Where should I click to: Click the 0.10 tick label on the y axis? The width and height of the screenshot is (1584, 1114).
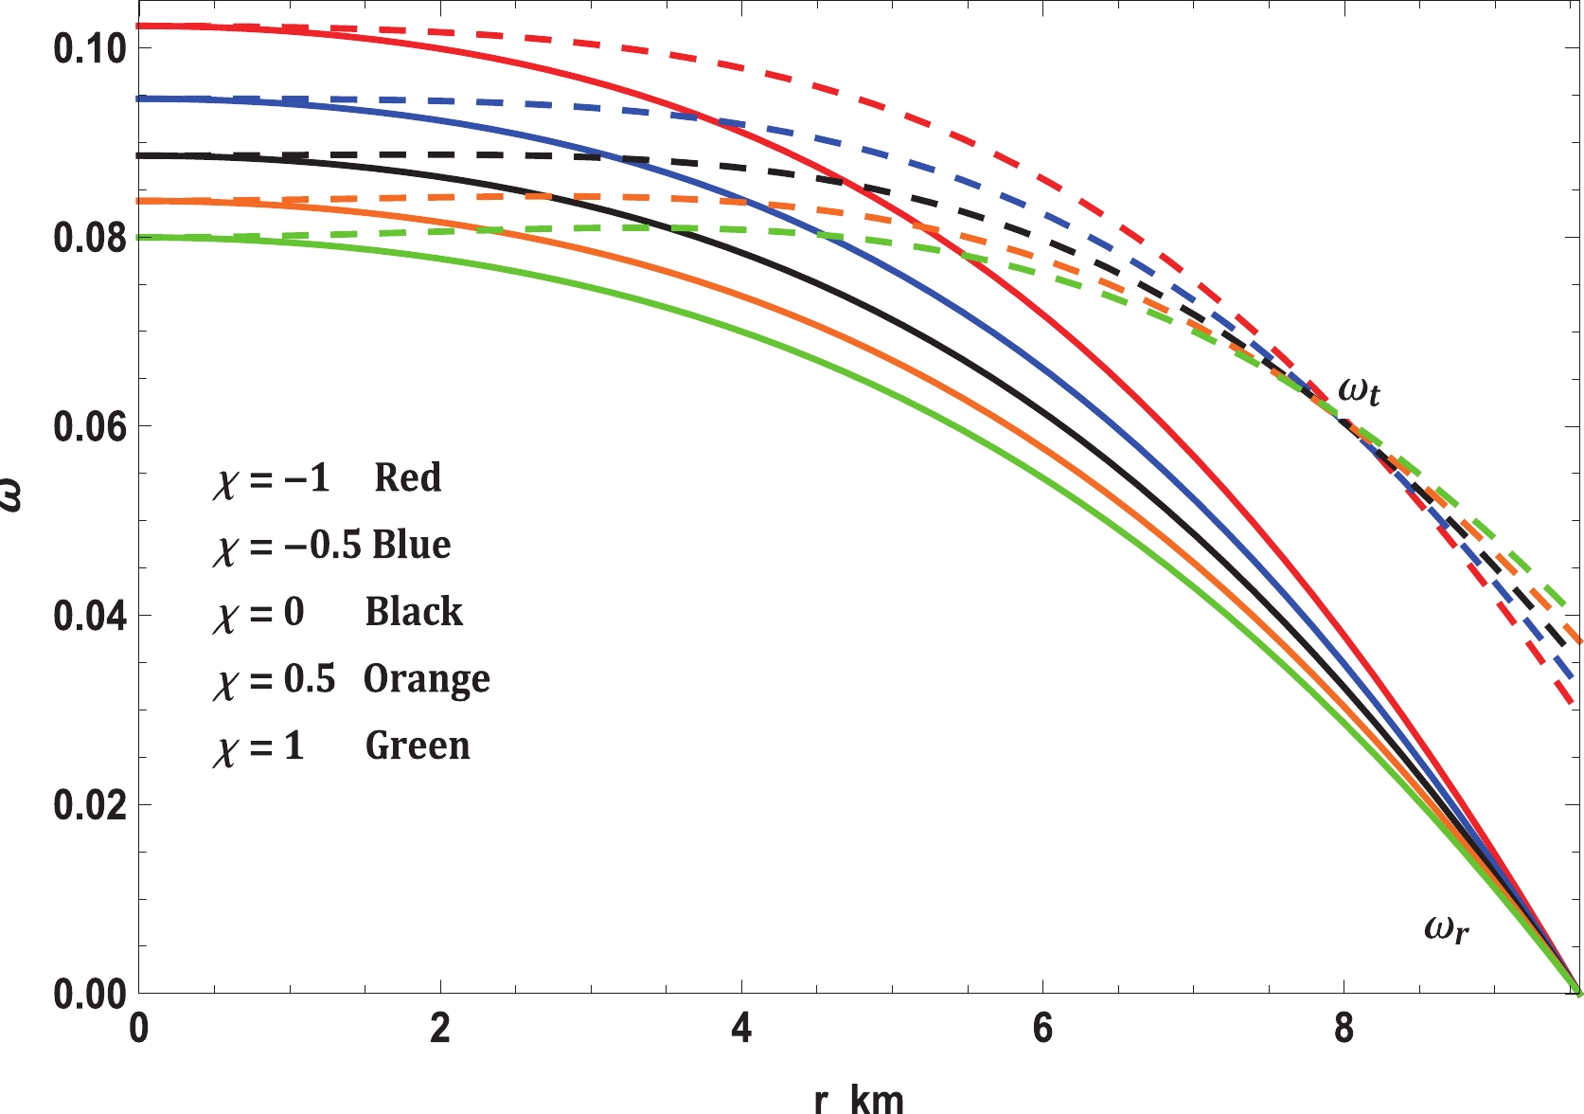point(90,48)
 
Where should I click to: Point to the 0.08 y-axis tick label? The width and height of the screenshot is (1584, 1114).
point(90,238)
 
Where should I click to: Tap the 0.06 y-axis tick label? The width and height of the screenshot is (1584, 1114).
point(90,427)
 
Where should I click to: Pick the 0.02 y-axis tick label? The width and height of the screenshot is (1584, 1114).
point(90,805)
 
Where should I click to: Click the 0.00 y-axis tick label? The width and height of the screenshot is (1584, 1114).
point(90,995)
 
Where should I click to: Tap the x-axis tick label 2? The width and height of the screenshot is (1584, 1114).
point(440,1029)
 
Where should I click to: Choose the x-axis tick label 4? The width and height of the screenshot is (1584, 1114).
point(741,1029)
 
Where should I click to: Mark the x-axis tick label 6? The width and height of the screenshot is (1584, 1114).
point(1042,1029)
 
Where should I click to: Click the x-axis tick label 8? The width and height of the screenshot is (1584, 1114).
point(1344,1029)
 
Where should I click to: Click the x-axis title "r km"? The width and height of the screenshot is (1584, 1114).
point(859,1099)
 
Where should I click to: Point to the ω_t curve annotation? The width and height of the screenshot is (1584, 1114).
point(1359,390)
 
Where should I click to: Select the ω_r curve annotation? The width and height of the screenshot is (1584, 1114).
point(1447,928)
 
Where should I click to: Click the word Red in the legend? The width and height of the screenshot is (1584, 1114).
point(407,477)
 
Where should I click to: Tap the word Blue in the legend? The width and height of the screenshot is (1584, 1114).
point(412,545)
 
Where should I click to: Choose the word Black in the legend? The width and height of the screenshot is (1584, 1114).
point(414,612)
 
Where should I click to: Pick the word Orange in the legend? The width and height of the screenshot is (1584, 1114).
point(427,679)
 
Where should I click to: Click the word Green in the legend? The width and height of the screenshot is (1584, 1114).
point(418,746)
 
